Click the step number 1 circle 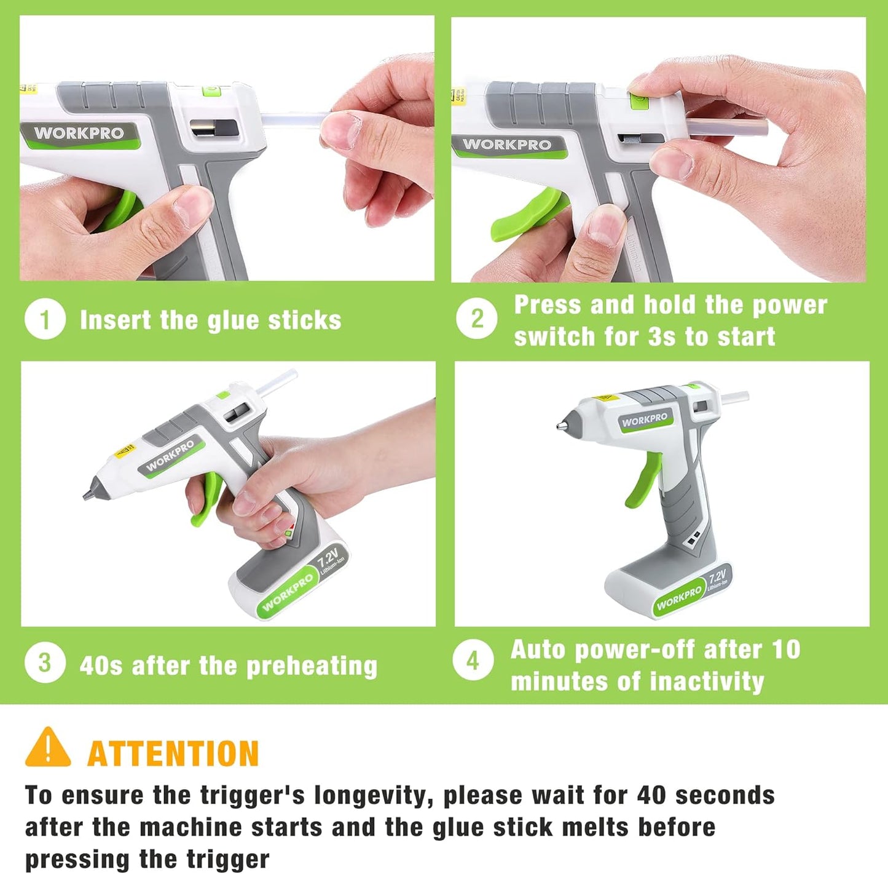click(45, 319)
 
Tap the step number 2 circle click(476, 319)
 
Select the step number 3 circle click(45, 662)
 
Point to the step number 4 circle click(473, 660)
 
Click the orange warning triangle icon click(48, 749)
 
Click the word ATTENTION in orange click(173, 754)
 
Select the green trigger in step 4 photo click(643, 479)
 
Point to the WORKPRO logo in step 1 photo click(79, 133)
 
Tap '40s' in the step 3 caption click(101, 666)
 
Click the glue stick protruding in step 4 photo click(735, 399)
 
